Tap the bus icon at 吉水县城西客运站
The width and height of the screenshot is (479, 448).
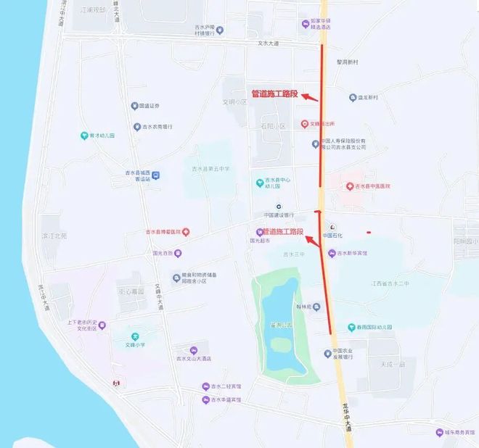pos(156,175)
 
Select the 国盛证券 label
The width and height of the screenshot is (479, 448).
pos(149,106)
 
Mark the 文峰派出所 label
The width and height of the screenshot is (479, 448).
pos(322,124)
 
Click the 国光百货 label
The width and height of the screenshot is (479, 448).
pos(163,254)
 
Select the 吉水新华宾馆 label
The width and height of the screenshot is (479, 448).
pos(351,253)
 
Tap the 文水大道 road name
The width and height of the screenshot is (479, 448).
pos(269,43)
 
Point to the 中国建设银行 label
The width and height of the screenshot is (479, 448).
pos(279,215)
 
